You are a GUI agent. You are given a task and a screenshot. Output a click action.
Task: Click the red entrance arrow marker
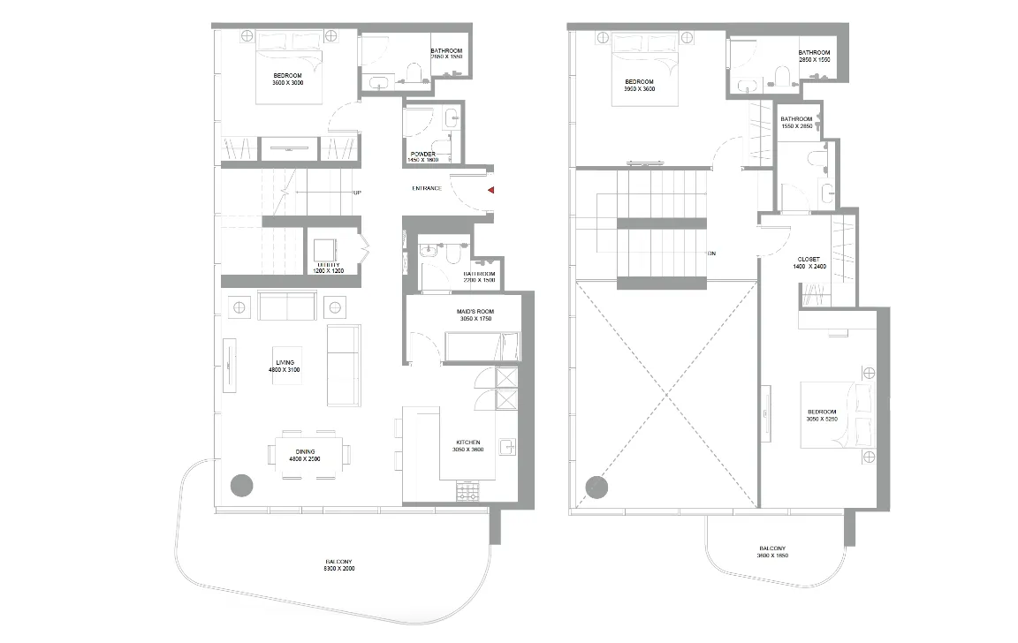pyautogui.click(x=490, y=189)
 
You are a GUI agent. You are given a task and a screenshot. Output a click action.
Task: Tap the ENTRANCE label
pyautogui.click(x=428, y=189)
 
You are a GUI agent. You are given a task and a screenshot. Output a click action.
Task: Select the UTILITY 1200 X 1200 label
pyautogui.click(x=329, y=268)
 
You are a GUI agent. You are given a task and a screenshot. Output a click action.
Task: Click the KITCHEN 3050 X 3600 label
pyautogui.click(x=468, y=445)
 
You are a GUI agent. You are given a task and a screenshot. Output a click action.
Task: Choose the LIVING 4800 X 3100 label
pyautogui.click(x=285, y=366)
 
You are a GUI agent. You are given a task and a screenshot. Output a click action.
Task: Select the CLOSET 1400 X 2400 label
pyautogui.click(x=809, y=262)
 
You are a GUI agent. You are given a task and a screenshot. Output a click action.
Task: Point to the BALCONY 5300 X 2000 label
pyautogui.click(x=339, y=564)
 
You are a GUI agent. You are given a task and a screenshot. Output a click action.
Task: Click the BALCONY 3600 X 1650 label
pyautogui.click(x=771, y=552)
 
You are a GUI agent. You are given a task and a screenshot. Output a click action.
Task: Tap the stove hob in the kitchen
pyautogui.click(x=467, y=491)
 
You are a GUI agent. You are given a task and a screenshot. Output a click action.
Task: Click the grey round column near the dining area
pyautogui.click(x=241, y=485)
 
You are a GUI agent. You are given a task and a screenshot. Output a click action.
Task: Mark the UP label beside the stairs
pyautogui.click(x=357, y=193)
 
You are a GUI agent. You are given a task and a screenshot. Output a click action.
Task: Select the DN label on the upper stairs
pyautogui.click(x=711, y=253)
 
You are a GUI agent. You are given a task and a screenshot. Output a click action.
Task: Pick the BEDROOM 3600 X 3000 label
pyautogui.click(x=288, y=79)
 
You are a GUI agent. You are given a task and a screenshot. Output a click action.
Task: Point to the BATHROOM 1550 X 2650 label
pyautogui.click(x=796, y=123)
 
